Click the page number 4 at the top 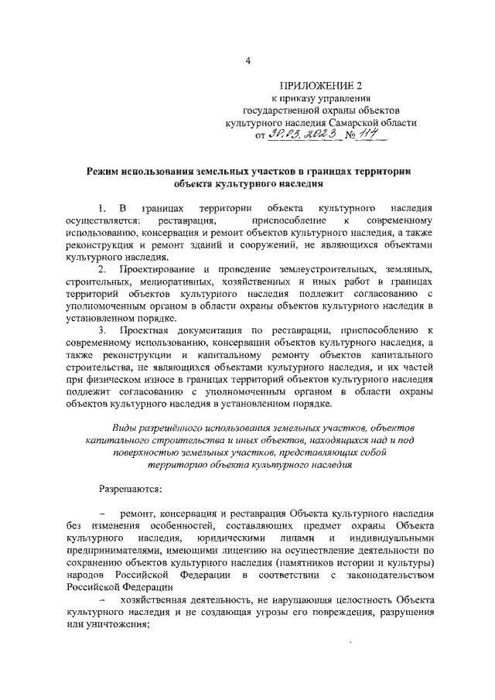point(247,59)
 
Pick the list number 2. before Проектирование point(102,268)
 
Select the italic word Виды point(126,427)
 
